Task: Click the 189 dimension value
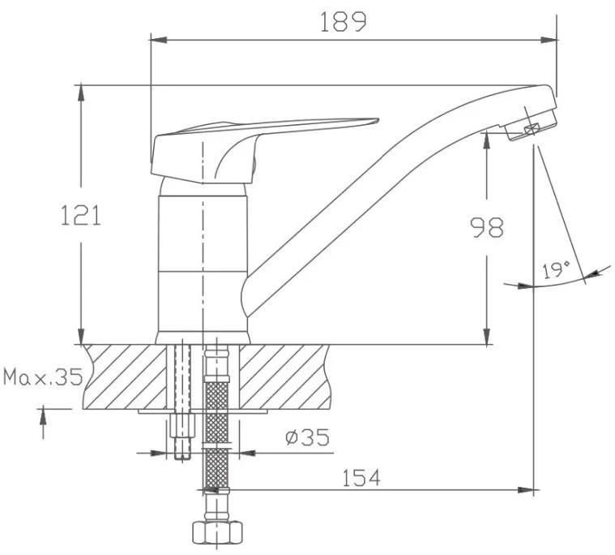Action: [344, 22]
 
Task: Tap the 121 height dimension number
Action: [80, 216]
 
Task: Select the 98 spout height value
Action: [487, 227]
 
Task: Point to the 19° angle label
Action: [556, 270]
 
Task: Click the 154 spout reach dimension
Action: [361, 478]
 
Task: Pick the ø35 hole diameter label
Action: [308, 437]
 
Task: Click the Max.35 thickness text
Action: [43, 377]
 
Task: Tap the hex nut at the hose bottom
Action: [217, 531]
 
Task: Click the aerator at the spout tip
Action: [530, 125]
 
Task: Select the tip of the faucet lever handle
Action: [378, 119]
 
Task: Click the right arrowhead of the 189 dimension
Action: [549, 40]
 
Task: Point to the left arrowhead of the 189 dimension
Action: [159, 40]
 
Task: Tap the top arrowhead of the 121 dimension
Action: [81, 92]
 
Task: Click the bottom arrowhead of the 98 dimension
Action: [487, 336]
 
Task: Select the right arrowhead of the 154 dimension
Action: [526, 490]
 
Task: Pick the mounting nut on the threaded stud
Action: [182, 425]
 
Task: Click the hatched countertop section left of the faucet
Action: [125, 376]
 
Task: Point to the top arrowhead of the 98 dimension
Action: [487, 141]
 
